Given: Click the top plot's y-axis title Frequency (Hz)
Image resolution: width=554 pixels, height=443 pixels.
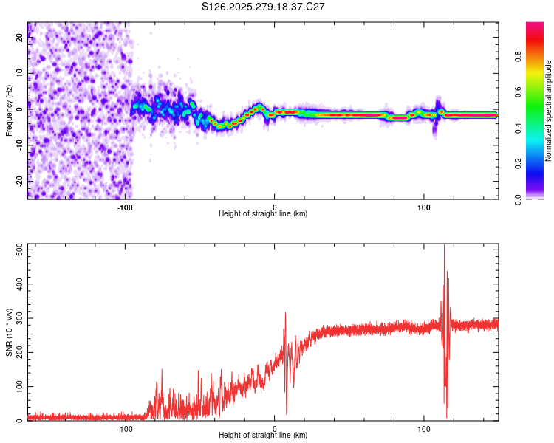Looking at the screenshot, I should [9, 111].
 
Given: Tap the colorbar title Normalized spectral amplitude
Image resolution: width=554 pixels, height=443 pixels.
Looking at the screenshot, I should [549, 111].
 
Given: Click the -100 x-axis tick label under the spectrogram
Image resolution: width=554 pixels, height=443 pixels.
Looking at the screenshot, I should [124, 207].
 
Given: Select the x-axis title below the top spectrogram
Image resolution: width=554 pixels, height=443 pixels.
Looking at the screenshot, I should [263, 214].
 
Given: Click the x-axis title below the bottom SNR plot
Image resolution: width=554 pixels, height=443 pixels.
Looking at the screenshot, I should [263, 436].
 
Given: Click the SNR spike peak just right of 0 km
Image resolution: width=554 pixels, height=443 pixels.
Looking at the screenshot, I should [285, 313].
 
